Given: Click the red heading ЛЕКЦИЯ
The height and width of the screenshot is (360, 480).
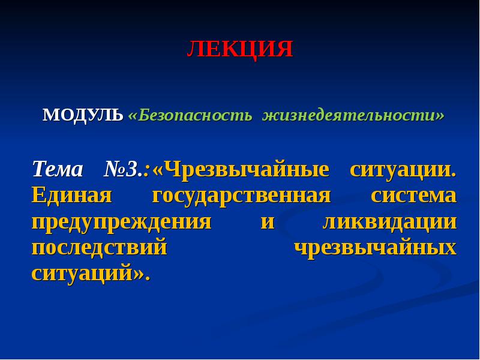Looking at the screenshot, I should click(239, 49).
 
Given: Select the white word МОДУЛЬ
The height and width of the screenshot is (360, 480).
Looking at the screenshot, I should click(83, 115).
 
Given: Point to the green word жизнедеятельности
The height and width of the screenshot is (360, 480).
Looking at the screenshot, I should click(351, 115).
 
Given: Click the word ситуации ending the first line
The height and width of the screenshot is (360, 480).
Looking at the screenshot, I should click(402, 169).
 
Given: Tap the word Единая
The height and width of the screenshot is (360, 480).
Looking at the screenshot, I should click(72, 196).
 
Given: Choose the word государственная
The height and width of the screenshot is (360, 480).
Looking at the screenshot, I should click(242, 196).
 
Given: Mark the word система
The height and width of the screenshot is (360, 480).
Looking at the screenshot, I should click(413, 196).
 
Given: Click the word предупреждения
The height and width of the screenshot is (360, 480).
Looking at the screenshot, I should click(121, 222).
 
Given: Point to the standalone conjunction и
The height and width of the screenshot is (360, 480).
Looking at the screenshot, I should click(268, 222).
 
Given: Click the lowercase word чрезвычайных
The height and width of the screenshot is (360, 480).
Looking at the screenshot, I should click(375, 248).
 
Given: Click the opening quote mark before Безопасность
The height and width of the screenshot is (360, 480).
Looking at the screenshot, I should click(133, 115).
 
